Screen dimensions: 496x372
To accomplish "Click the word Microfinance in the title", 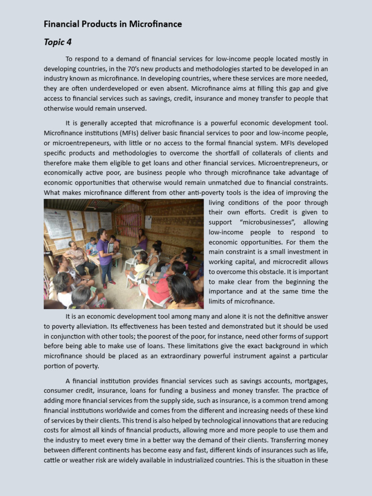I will point(156,24).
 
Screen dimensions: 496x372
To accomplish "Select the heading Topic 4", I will point(58,42).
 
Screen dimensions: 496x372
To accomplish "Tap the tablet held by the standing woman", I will point(111,248).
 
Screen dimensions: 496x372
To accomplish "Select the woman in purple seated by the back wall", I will point(141,240).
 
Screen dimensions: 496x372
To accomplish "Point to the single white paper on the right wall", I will point(148,221).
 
